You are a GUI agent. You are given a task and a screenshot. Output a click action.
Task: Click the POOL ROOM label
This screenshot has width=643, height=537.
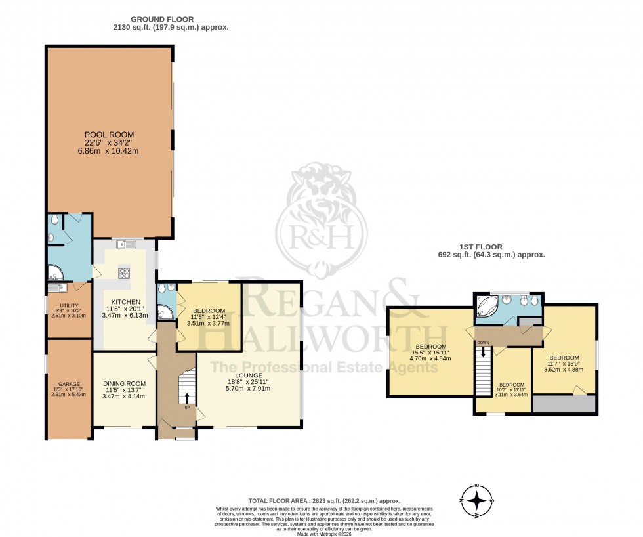109,134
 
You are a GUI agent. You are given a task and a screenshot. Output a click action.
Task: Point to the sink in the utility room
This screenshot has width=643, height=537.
55,287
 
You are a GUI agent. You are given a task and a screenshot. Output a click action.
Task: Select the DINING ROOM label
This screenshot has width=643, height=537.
124,383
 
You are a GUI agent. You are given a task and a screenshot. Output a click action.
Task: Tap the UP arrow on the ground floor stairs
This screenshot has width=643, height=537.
187,398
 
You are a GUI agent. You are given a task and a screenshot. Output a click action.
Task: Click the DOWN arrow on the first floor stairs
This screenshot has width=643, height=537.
484,353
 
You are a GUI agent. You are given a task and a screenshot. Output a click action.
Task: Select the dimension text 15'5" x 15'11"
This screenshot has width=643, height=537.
431,353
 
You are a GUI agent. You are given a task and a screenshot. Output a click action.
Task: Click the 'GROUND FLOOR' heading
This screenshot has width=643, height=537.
170,19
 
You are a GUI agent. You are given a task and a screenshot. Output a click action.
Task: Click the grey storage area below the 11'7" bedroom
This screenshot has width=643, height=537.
564,404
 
